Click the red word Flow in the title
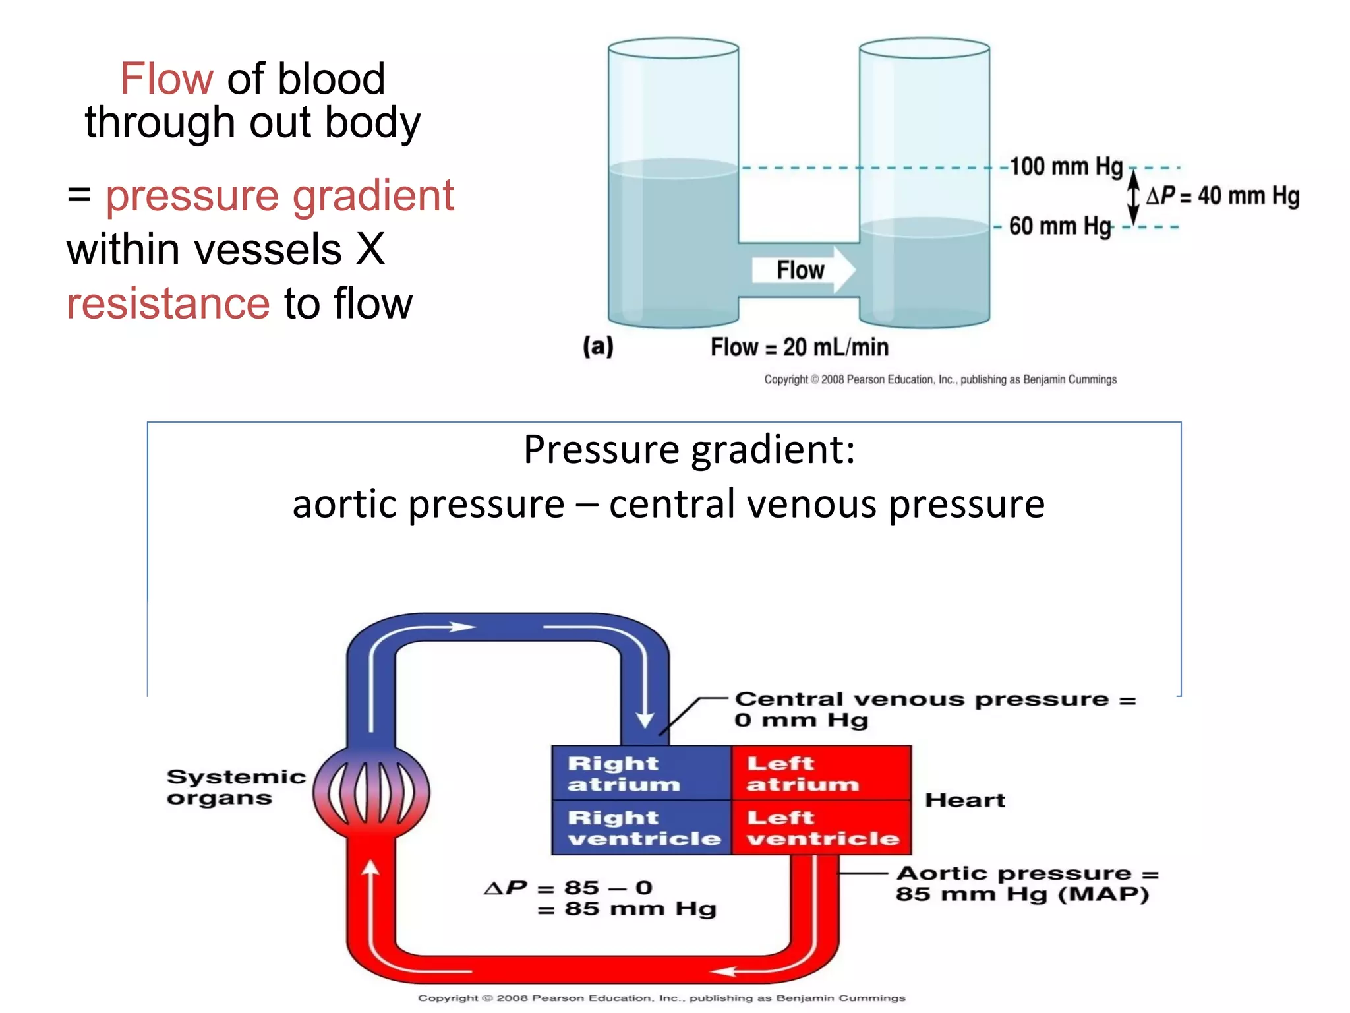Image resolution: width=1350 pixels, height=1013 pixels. (x=166, y=79)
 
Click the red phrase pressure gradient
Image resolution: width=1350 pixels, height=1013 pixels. (x=279, y=196)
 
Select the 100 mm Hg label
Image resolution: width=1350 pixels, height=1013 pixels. (x=1065, y=166)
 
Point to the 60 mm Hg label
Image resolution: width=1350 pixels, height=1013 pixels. (x=1059, y=226)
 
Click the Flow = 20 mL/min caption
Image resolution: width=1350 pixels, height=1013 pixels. (x=799, y=348)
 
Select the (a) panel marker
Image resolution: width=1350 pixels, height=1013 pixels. (x=598, y=346)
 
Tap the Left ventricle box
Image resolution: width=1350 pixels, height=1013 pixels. (x=821, y=828)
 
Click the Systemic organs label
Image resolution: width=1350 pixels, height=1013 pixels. (x=235, y=787)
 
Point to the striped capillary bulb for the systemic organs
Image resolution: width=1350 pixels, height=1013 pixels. (x=371, y=791)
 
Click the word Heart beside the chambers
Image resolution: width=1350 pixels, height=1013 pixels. (x=964, y=800)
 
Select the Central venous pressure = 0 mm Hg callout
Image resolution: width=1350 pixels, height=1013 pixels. (x=934, y=709)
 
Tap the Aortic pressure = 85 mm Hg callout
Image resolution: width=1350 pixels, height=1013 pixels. (x=1026, y=884)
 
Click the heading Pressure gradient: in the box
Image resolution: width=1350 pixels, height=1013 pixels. (x=689, y=450)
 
